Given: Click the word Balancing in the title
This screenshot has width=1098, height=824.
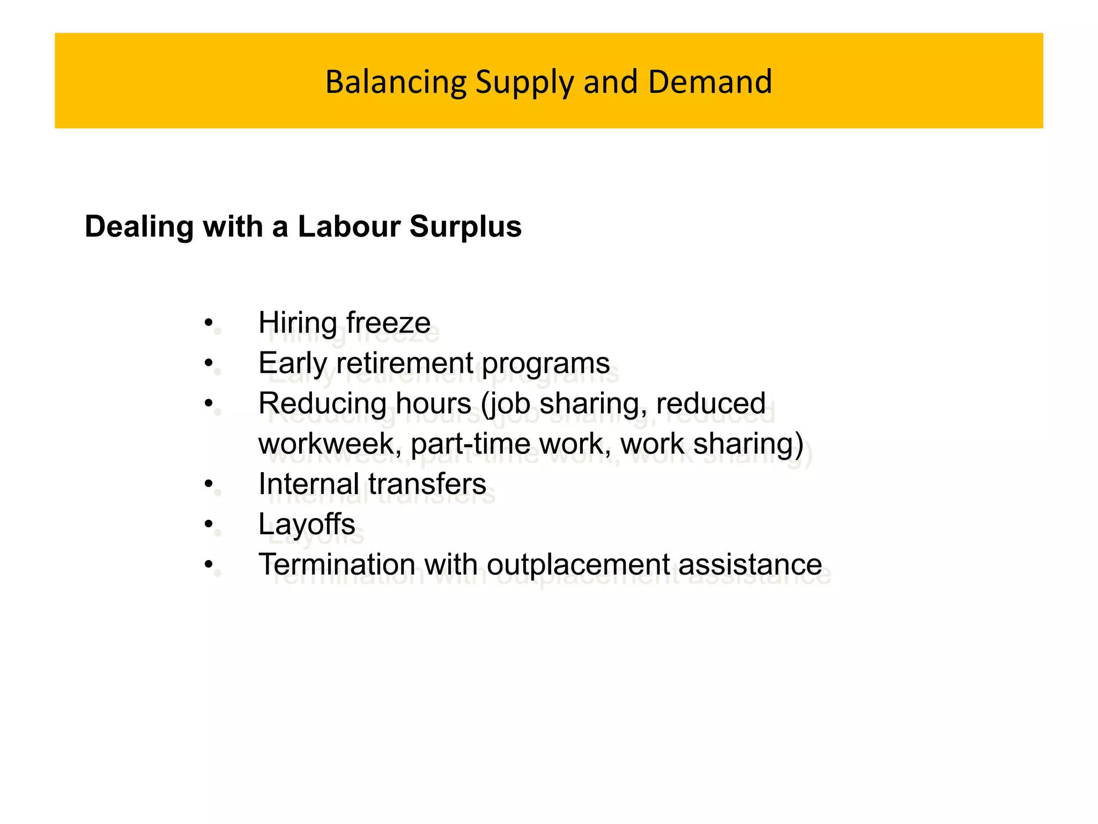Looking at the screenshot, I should [x=396, y=82].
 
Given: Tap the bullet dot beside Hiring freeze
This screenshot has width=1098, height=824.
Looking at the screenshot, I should [x=209, y=323].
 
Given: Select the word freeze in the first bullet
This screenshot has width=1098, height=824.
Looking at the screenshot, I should [x=388, y=323].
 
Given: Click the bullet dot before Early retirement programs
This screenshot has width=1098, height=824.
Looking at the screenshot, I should [x=209, y=364].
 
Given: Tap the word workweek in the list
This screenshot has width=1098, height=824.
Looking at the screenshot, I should [x=327, y=444].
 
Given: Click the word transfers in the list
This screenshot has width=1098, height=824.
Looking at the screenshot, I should [x=427, y=484].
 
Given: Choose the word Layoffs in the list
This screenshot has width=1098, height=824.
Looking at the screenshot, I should [x=307, y=524].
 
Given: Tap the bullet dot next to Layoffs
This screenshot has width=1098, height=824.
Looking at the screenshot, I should [x=209, y=525].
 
